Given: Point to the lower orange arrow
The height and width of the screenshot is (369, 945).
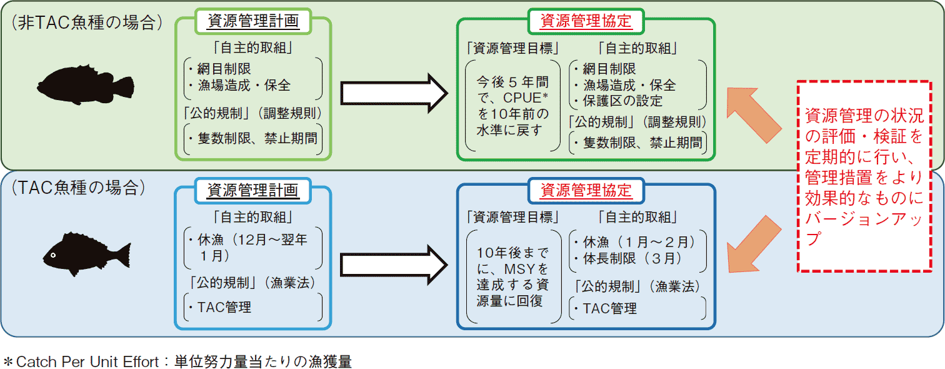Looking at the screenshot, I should [754, 244].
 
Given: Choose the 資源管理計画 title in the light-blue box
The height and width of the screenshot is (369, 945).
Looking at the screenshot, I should [252, 190].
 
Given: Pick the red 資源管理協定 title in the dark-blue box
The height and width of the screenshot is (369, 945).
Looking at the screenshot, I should [586, 190].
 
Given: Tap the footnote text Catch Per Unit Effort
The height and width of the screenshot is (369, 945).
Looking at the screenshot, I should [87, 361].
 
